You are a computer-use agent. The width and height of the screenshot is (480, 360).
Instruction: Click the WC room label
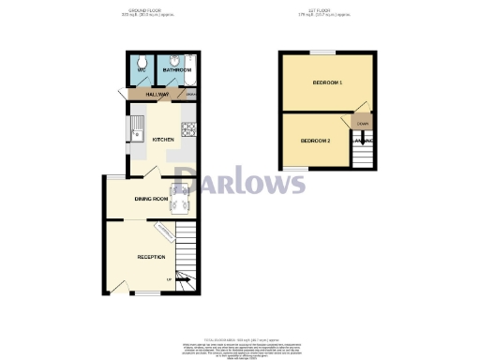pyautogui.click(x=142, y=69)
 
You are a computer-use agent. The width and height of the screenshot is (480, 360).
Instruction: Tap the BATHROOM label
pyautogui.click(x=176, y=69)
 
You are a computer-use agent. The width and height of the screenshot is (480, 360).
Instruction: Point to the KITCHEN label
pyautogui.click(x=164, y=139)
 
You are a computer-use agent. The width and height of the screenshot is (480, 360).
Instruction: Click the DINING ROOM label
pyautogui.click(x=150, y=199)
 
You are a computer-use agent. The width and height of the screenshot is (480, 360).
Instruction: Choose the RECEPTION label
pyautogui.click(x=151, y=256)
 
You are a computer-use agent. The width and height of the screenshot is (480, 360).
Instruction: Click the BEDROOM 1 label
pyautogui.click(x=327, y=83)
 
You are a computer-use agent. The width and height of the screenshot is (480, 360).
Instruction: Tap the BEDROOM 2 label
pyautogui.click(x=315, y=141)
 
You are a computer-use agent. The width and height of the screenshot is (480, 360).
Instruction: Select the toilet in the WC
pyautogui.click(x=142, y=59)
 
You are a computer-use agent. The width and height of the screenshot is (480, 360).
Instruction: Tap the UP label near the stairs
pyautogui.click(x=169, y=279)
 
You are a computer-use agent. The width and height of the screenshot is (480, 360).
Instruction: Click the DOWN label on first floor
pyautogui.click(x=361, y=122)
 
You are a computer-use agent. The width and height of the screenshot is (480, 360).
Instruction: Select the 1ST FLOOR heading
pyautogui.click(x=327, y=11)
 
